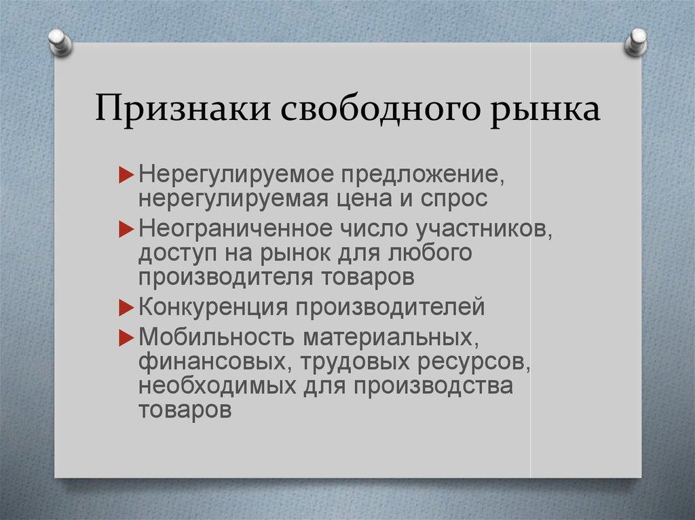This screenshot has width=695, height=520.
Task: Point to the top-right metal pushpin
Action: tap(637, 42)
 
